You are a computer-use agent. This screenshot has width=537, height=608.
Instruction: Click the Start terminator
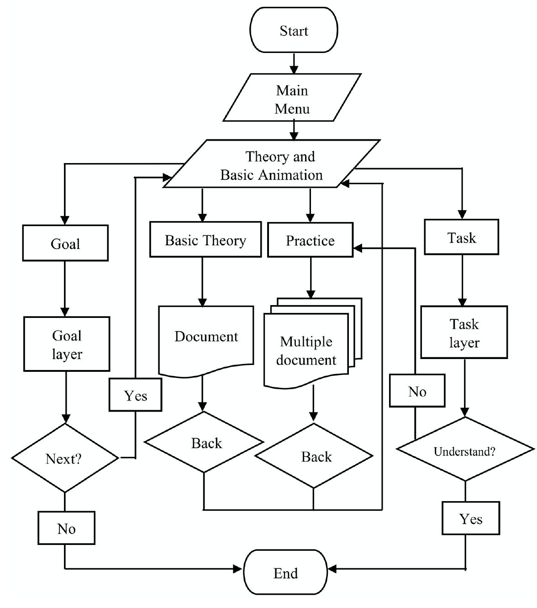click(294, 30)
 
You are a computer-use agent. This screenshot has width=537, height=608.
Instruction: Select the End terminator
click(285, 572)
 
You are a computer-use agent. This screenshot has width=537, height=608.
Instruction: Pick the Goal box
click(65, 243)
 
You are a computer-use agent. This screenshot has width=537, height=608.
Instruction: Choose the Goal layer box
click(67, 344)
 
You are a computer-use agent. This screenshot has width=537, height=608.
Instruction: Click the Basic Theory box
click(205, 240)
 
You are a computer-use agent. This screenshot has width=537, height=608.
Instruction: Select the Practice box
click(310, 240)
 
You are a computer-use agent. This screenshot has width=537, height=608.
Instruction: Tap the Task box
click(461, 237)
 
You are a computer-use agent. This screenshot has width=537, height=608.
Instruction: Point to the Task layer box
click(464, 333)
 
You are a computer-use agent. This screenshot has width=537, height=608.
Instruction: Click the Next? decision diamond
click(64, 458)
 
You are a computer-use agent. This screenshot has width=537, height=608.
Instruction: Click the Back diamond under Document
click(204, 442)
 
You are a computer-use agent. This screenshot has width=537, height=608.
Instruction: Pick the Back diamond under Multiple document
click(314, 456)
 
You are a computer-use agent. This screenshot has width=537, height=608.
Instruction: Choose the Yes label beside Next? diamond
click(135, 395)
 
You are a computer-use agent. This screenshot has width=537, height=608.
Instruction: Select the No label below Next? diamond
click(66, 528)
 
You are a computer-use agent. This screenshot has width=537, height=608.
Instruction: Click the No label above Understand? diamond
click(417, 391)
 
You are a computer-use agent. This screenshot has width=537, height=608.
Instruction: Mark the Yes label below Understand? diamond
click(471, 518)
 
